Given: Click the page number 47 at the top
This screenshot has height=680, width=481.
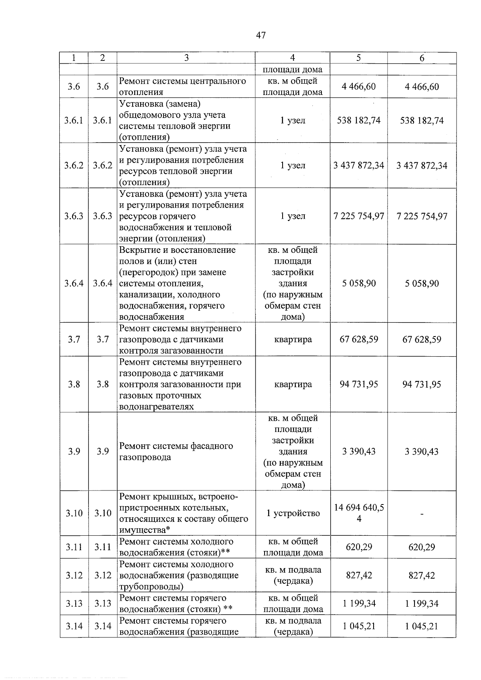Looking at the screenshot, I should click(x=261, y=35).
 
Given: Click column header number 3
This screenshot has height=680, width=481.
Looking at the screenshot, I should click(x=186, y=58).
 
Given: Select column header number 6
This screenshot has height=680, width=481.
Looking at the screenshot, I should click(x=422, y=58).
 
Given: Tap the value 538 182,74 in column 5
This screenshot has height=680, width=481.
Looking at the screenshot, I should click(x=359, y=120).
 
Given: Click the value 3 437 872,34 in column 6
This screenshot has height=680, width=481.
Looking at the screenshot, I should click(x=422, y=165).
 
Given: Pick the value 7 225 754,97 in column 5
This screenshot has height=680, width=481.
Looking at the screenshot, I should click(x=359, y=216).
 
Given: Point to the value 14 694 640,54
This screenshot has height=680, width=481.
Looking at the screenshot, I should click(x=359, y=513).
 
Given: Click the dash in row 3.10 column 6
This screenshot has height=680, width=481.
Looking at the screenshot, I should click(x=422, y=513).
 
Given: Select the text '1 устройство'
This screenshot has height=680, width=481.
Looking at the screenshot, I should click(x=293, y=513).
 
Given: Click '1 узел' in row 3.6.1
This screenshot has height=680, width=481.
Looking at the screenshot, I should click(x=293, y=120).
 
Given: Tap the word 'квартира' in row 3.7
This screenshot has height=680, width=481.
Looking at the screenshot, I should click(x=293, y=339).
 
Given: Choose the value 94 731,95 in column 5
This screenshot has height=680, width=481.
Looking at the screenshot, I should click(x=359, y=384).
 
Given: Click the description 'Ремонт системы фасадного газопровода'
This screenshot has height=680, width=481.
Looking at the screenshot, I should click(x=176, y=452).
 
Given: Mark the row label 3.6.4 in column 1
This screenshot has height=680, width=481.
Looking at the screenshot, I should click(x=74, y=283).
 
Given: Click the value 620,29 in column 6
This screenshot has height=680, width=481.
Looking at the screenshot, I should click(x=422, y=547).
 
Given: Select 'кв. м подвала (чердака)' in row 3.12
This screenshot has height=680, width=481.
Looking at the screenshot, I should click(x=293, y=575).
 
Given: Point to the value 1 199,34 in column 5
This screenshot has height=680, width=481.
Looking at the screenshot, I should click(x=359, y=603).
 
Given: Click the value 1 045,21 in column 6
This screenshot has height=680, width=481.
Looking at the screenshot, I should click(x=422, y=626).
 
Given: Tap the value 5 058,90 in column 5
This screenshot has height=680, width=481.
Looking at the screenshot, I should click(x=359, y=283).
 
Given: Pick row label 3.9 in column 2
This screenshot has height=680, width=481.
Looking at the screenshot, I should click(x=103, y=452).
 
